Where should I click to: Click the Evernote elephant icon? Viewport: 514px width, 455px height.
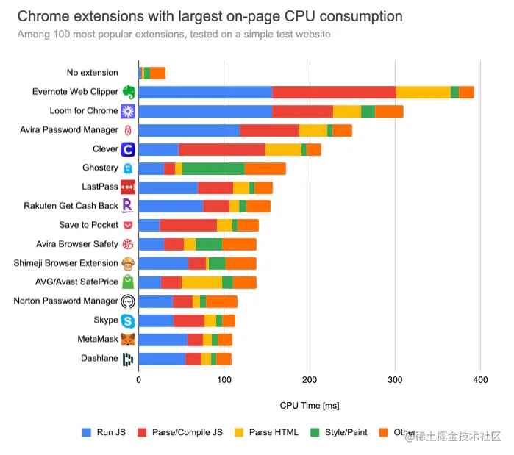(128, 92)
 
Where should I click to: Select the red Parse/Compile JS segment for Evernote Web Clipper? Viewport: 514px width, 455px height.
(334, 92)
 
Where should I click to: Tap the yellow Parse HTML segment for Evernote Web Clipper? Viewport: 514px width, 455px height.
(423, 92)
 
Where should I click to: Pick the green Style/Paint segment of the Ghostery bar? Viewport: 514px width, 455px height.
(213, 168)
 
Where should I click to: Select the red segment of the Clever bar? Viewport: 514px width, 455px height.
(222, 149)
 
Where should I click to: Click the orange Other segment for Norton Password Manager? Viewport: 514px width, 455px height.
(221, 301)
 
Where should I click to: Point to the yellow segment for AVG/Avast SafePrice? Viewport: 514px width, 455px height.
(201, 282)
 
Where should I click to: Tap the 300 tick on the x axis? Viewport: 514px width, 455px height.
(396, 379)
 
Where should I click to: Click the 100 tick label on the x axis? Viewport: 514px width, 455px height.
(224, 379)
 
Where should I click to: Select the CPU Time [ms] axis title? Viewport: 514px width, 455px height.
(310, 405)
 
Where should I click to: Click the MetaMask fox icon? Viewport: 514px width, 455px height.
(128, 340)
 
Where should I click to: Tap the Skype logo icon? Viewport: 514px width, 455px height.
(128, 320)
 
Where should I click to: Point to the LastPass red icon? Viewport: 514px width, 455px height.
(128, 187)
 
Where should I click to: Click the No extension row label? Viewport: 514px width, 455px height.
(92, 73)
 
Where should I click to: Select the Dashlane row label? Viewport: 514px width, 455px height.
(99, 359)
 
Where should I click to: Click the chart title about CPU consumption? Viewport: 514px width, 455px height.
(210, 16)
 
